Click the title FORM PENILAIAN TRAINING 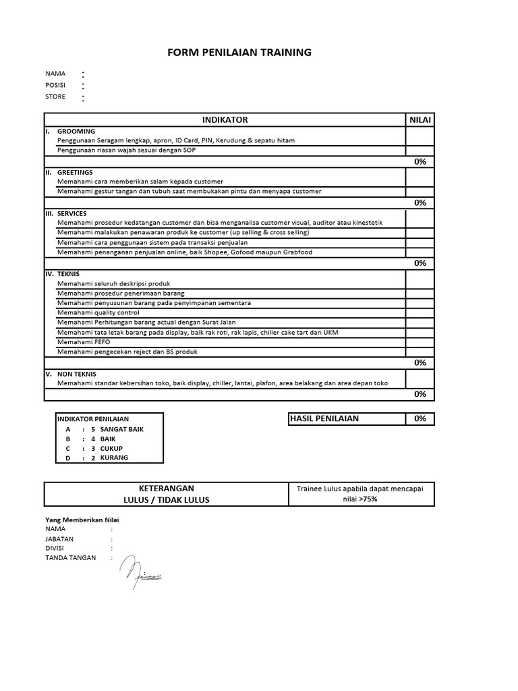239,52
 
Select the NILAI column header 420,119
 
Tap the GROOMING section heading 76,131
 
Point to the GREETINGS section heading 75,172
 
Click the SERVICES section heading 72,213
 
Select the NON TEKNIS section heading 77,373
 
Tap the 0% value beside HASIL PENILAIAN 420,418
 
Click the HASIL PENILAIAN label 324,418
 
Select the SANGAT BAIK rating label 121,429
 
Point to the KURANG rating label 114,458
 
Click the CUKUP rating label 112,448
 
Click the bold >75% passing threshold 368,499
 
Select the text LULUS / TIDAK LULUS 166,499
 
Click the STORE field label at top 55,96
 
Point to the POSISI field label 55,85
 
